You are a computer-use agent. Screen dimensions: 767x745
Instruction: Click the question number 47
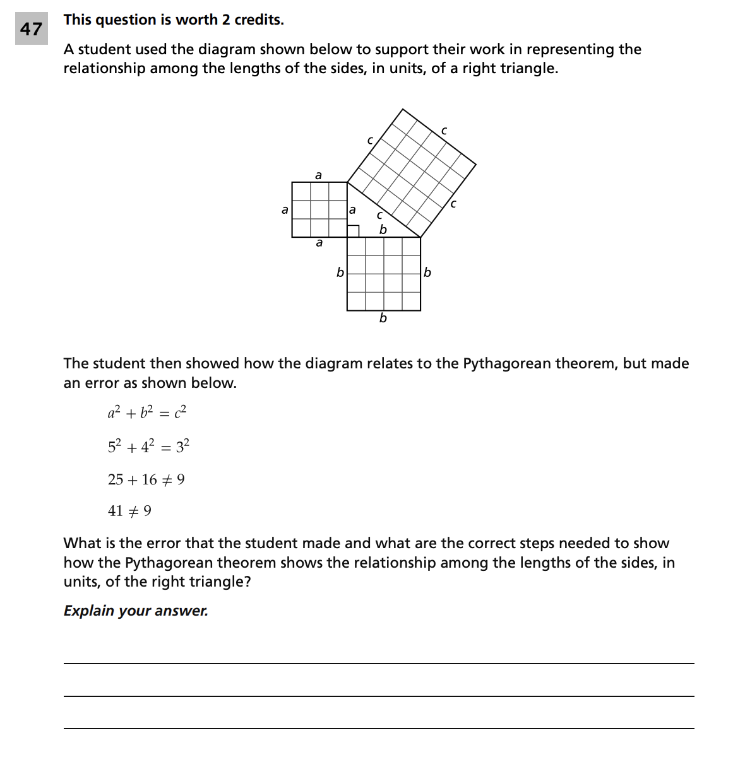click(31, 29)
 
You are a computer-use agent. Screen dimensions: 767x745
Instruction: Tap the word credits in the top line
click(258, 20)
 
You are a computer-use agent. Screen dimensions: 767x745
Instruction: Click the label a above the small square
click(318, 175)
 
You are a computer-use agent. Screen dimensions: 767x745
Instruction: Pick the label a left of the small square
click(285, 209)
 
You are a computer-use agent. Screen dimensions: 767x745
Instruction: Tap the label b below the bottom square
click(383, 318)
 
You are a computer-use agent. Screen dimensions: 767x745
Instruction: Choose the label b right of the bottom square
click(427, 272)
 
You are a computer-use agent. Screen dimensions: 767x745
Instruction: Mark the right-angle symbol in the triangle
click(354, 231)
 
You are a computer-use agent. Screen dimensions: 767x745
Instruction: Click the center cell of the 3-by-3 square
click(319, 210)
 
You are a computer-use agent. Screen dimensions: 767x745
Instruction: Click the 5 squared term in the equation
click(114, 446)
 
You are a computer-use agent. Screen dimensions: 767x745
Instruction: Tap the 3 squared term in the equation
click(182, 446)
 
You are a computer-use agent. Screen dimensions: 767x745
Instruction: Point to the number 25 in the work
click(116, 480)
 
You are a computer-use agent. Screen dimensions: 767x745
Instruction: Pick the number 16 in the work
click(149, 480)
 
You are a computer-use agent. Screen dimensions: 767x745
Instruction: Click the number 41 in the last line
click(116, 511)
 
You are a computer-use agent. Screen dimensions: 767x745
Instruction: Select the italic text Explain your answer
click(136, 611)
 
